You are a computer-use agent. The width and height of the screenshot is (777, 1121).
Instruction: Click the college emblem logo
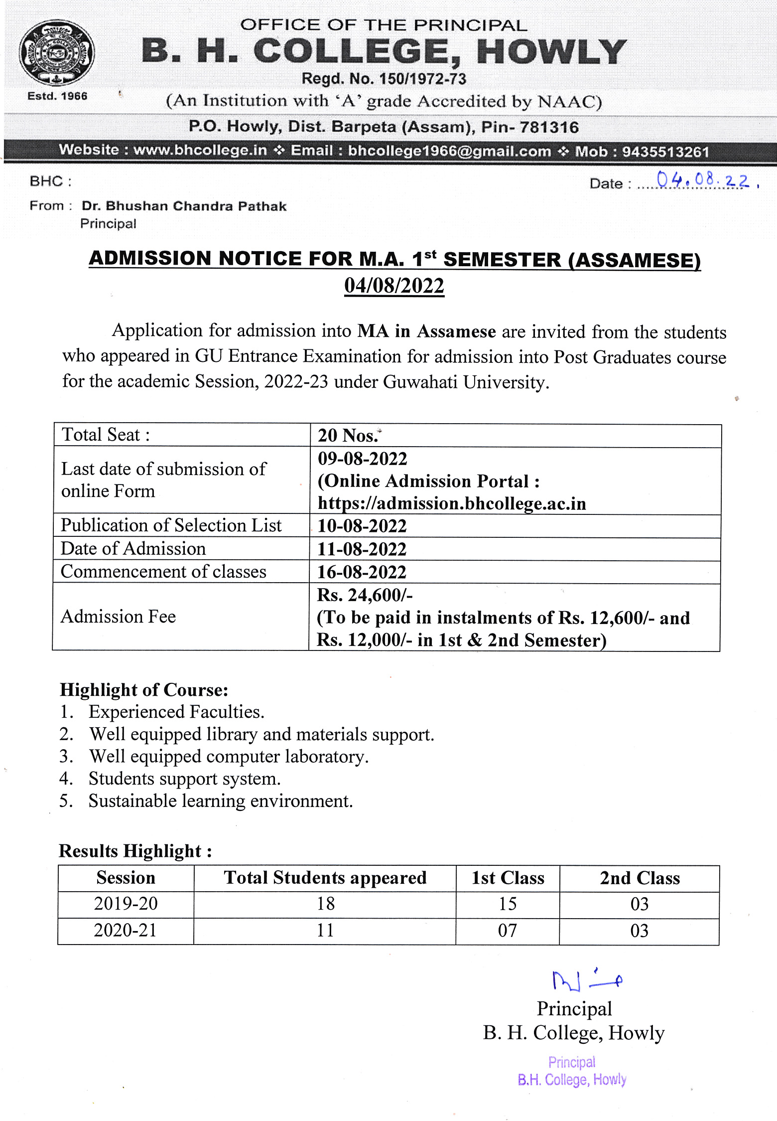pos(57,53)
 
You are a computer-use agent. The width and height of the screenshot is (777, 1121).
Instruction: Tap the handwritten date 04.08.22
pos(703,180)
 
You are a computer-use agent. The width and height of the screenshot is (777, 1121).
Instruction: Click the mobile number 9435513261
pos(665,152)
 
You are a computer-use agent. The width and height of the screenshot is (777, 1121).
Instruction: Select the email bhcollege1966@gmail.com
pos(449,151)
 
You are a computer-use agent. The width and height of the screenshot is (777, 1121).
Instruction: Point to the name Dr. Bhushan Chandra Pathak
pos(184,206)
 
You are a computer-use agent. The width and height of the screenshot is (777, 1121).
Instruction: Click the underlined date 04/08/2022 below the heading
pos(394,286)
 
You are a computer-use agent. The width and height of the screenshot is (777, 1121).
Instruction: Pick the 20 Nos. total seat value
pos(349,436)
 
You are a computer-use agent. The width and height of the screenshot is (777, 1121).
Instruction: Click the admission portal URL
pos(452,503)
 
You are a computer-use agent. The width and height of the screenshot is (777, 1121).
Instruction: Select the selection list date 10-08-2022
pos(362,526)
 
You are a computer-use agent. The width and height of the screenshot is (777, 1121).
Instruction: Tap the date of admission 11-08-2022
pos(362,549)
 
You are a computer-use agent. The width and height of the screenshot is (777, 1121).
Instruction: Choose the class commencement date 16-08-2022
pos(362,572)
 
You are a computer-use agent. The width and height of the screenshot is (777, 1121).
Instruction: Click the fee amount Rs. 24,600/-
pos(365,595)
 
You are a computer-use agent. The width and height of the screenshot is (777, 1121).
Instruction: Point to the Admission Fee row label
pos(119,617)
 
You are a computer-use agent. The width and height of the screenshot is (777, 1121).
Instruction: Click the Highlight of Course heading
pos(144,690)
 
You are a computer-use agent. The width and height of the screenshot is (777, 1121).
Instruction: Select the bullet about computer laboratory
pos(229,757)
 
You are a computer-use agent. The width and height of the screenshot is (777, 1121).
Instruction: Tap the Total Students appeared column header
pos(325,878)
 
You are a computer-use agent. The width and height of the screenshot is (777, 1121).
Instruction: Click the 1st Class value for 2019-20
pos(508,904)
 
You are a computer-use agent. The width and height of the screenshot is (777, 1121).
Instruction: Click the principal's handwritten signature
pos(586,979)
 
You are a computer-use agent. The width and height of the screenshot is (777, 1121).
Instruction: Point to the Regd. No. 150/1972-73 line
pos(384,79)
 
